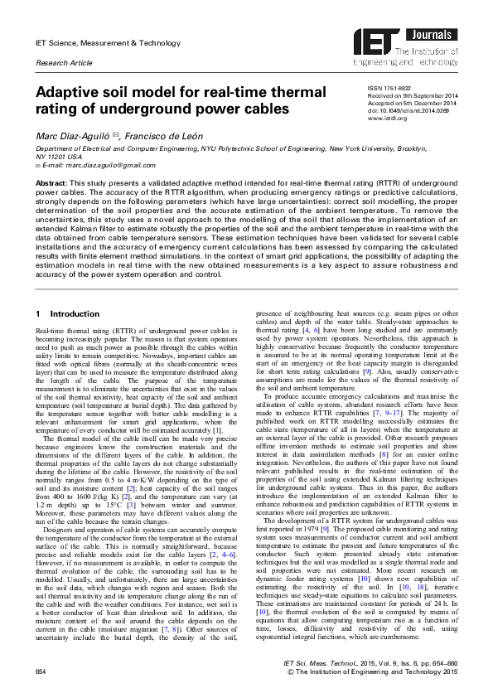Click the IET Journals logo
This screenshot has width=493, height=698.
(406, 46)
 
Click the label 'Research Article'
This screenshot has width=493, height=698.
(62, 63)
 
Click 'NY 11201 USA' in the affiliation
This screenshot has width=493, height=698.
(59, 156)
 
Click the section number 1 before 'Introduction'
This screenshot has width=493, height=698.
(40, 315)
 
